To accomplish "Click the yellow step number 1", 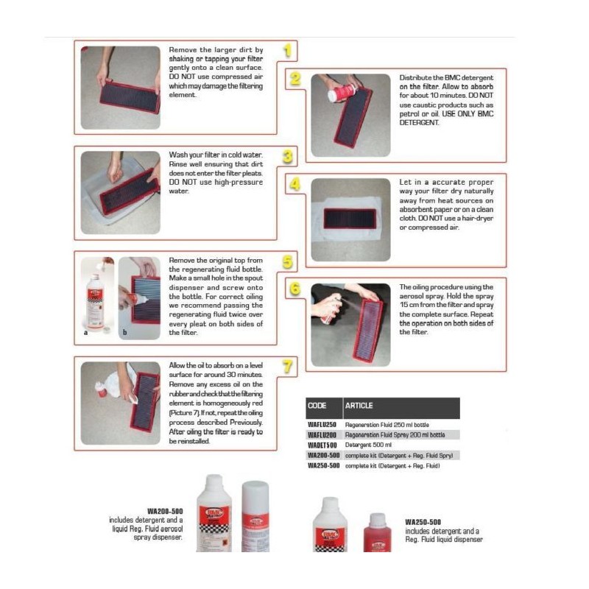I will (x=290, y=51).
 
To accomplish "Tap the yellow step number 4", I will (x=294, y=184).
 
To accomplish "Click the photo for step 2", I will (x=350, y=115).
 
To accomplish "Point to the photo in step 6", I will (x=350, y=324).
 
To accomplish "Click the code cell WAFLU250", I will (x=322, y=425).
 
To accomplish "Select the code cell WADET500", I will (x=322, y=445).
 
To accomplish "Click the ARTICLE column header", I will (x=359, y=406).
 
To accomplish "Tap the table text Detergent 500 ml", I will (x=368, y=445).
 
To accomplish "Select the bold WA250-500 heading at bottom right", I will (x=423, y=522).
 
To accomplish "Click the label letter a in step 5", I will (x=86, y=333).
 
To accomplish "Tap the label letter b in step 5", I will (x=124, y=333).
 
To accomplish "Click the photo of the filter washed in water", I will (x=120, y=192).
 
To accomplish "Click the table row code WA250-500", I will (x=322, y=465).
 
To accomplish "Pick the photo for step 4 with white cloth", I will (x=350, y=219).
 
